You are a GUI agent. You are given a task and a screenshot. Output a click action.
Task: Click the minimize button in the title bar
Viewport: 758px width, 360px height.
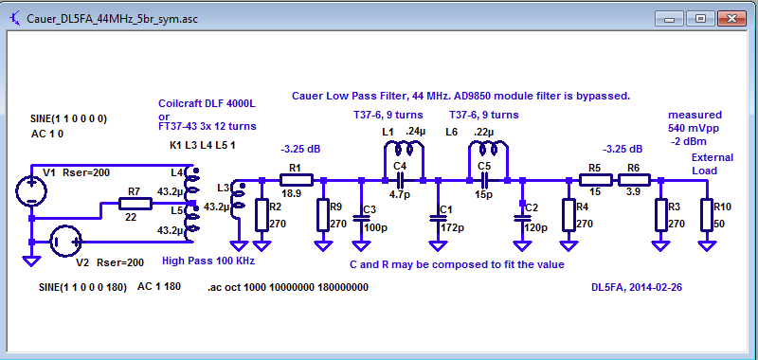click(x=675, y=17)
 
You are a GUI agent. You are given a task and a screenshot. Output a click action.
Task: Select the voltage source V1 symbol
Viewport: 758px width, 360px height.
click(x=31, y=189)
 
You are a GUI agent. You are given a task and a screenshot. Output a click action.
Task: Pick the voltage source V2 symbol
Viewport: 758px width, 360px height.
click(x=64, y=243)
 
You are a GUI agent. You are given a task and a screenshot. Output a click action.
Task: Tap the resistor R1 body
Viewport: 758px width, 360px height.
click(x=295, y=180)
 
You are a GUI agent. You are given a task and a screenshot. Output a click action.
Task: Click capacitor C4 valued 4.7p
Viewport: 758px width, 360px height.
click(x=399, y=179)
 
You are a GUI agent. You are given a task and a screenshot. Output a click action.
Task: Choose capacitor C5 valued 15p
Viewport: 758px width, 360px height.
click(x=484, y=179)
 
